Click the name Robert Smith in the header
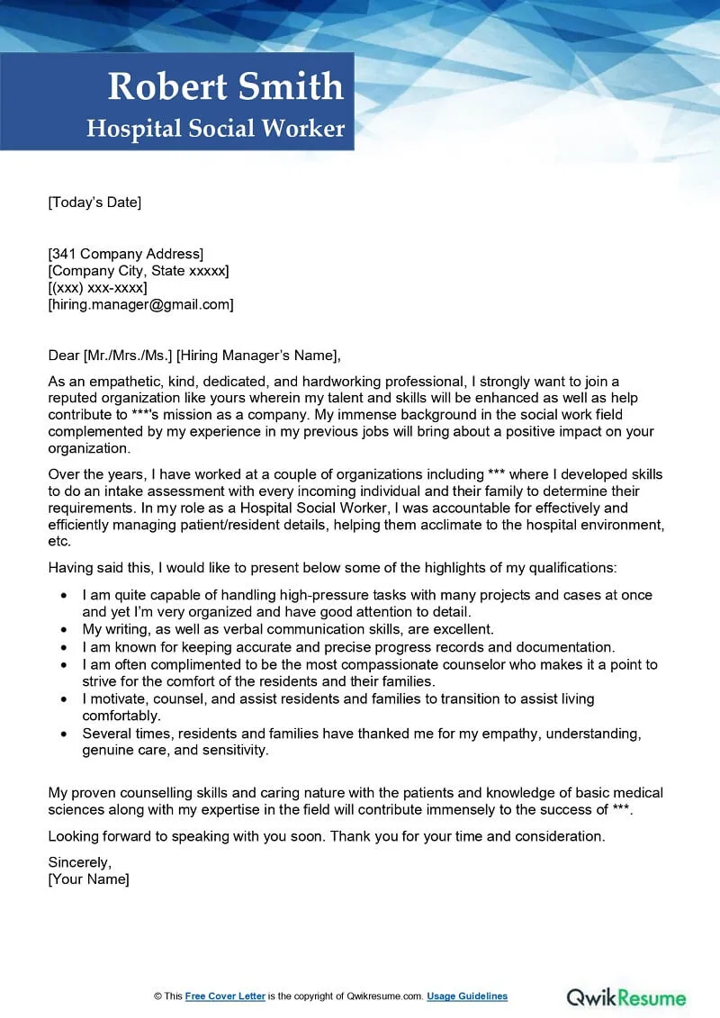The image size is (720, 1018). point(225,86)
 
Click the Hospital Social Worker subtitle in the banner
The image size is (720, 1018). point(216,129)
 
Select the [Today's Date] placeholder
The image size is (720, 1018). point(94,202)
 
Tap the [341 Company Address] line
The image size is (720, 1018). point(126,254)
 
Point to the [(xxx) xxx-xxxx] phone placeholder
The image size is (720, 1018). point(97,287)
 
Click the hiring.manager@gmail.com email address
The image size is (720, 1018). point(140,304)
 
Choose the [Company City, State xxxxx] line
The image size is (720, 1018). point(139,270)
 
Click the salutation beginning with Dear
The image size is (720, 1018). point(194,355)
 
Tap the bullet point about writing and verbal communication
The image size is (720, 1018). point(288,629)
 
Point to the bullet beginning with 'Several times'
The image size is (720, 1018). point(360,733)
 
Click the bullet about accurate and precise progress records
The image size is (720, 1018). point(347,646)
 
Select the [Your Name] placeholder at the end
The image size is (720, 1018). point(88,878)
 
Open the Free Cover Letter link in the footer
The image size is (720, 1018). point(226,996)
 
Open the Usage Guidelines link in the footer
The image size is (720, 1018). point(467,996)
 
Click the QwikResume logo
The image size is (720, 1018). point(625,996)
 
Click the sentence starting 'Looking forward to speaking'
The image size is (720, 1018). point(326,836)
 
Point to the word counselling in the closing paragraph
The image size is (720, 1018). point(152,793)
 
